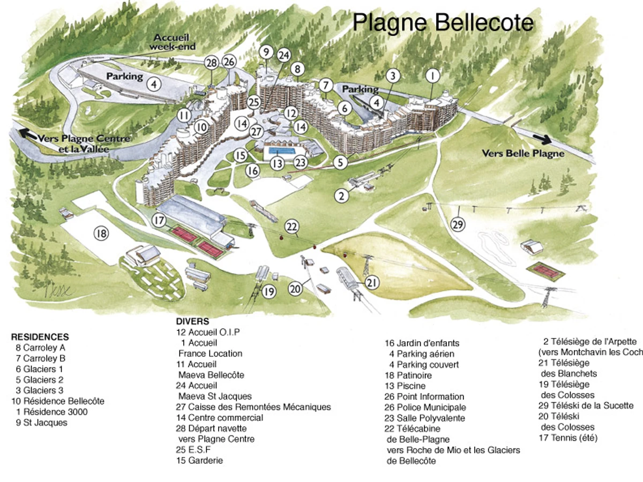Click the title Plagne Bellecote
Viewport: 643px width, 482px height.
pos(443,22)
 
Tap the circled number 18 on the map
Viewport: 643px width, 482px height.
pos(101,232)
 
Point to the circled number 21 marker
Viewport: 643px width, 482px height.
pos(372,282)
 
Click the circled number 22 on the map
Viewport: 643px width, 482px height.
pos(291,227)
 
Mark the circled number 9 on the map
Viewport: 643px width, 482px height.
pos(265,52)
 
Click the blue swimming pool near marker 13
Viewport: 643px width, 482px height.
pos(281,151)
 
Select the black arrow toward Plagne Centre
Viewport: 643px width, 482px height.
pos(24,132)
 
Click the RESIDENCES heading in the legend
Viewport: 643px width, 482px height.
pos(40,337)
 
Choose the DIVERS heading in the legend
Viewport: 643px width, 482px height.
pos(192,322)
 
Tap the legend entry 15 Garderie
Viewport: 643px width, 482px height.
pos(199,460)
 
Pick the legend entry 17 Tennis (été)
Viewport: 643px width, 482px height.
pos(568,438)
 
